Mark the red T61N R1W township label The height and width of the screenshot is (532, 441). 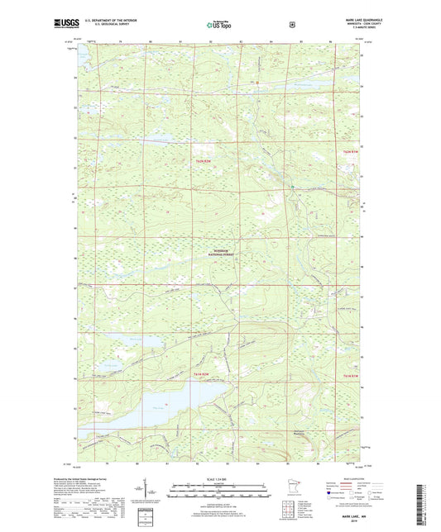click(352, 378)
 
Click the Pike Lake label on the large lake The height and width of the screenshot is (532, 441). click(159, 406)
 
